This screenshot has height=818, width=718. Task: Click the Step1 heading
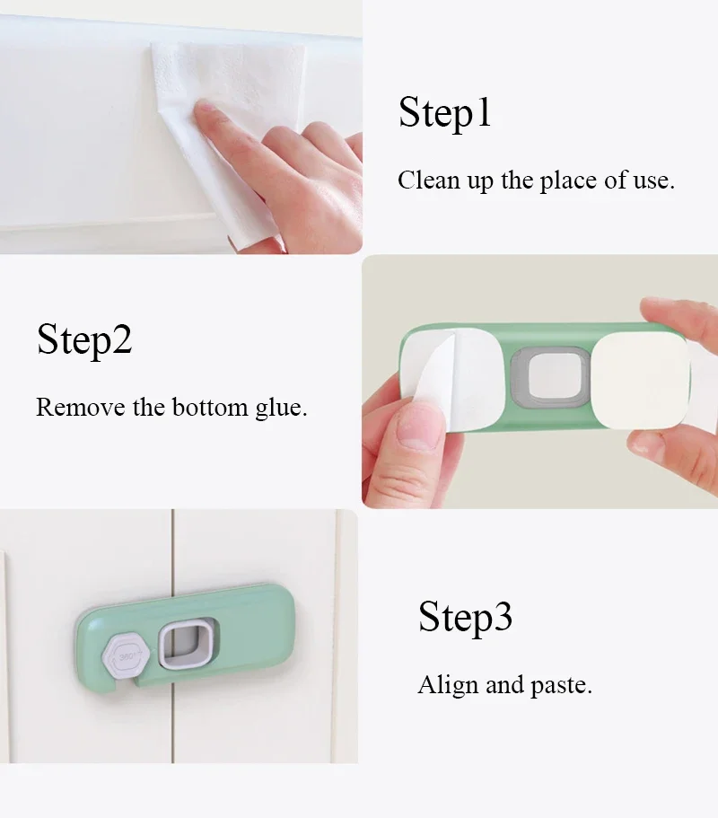pyautogui.click(x=445, y=114)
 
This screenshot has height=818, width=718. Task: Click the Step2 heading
pyautogui.click(x=84, y=340)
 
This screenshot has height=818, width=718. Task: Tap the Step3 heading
pyautogui.click(x=465, y=618)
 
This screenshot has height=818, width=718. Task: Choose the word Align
pyautogui.click(x=448, y=686)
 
